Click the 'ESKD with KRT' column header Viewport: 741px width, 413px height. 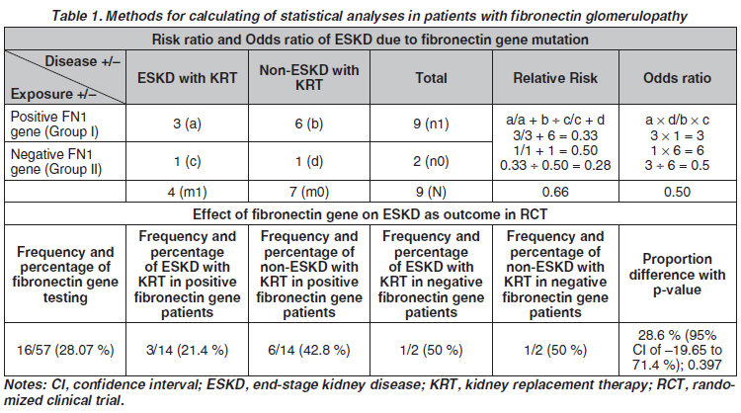pos(187,77)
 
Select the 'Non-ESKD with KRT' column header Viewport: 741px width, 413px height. pos(309,77)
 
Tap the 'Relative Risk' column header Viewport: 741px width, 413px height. pos(555,77)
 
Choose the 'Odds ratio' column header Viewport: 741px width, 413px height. pos(677,77)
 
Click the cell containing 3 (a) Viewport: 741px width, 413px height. pos(187,124)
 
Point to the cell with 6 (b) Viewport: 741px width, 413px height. pos(309,124)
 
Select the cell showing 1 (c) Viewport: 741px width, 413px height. pos(187,162)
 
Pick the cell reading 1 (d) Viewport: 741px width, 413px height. pos(309,162)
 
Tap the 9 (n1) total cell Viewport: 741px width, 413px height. pos(431,124)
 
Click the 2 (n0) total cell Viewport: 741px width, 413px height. pos(431,162)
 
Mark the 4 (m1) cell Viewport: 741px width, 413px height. pos(187,192)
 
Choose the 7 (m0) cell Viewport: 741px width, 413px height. pos(309,192)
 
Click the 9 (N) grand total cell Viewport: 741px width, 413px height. pos(431,192)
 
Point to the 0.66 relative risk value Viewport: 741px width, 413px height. pos(555,192)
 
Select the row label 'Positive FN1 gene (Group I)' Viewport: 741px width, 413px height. pos(54,124)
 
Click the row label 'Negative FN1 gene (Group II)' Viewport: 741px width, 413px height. pos(56,162)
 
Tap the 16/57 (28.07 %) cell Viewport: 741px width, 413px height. pos(65,350)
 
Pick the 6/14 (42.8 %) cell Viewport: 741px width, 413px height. pos(309,350)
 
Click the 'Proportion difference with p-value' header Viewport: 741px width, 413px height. pos(677,274)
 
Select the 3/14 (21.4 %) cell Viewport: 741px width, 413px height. pos(187,350)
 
